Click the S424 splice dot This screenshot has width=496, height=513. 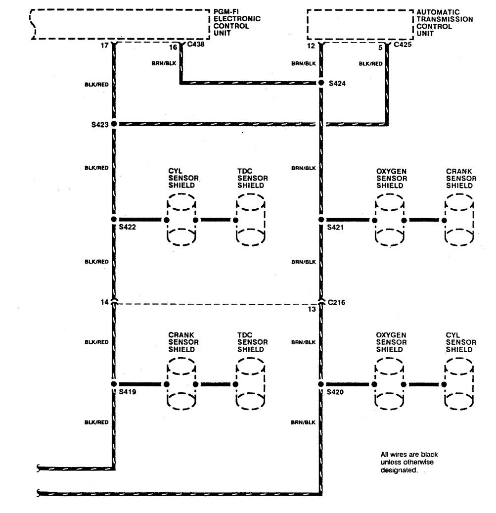[321, 83]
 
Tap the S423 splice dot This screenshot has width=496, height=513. [114, 124]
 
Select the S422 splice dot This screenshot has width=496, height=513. [114, 219]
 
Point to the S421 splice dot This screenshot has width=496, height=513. [321, 219]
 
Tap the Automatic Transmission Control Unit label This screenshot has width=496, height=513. [445, 22]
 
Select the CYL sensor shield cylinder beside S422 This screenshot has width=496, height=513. [181, 220]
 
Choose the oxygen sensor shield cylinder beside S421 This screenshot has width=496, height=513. [389, 220]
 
